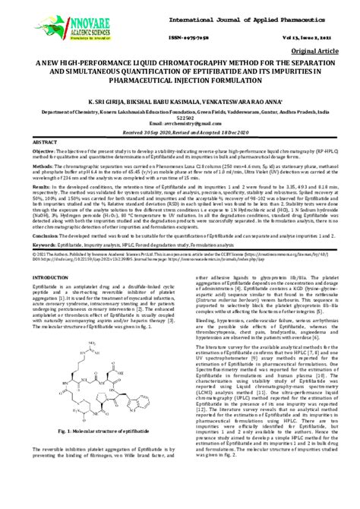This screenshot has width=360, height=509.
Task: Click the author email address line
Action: pos(179,123)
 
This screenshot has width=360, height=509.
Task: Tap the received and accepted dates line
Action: pos(180,131)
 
